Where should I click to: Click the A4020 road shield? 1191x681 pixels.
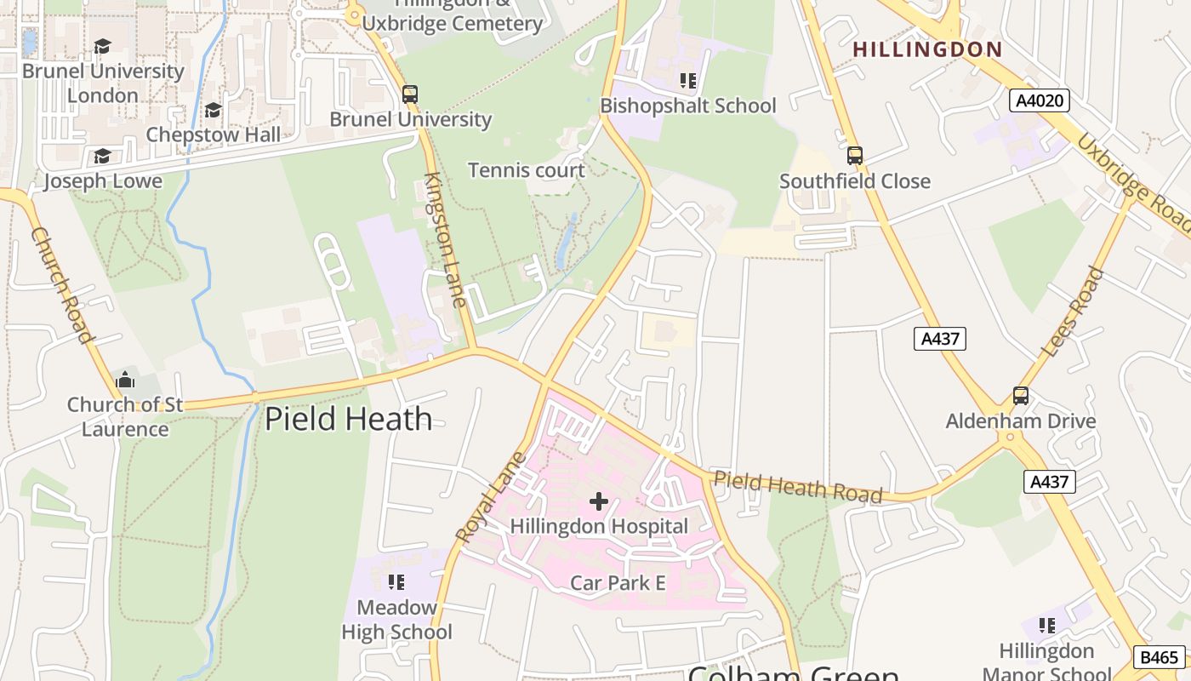tap(1040, 101)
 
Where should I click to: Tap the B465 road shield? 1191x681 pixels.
tap(1159, 657)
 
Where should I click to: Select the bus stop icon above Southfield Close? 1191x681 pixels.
tap(855, 156)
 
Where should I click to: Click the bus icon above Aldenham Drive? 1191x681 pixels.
tap(1020, 396)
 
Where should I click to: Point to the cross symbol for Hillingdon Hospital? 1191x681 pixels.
tap(599, 501)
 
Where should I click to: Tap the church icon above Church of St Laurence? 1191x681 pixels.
tap(125, 380)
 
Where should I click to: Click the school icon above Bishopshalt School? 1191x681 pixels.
tap(688, 81)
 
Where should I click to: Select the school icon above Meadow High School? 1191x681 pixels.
tap(396, 582)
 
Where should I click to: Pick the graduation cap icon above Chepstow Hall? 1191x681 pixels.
tap(213, 111)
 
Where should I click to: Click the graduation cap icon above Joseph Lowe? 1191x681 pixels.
tap(102, 157)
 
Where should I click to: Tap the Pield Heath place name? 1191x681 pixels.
tap(348, 419)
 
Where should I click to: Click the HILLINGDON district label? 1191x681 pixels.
tap(927, 49)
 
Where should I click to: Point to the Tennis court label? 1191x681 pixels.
tap(527, 170)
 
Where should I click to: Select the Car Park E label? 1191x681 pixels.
tap(618, 583)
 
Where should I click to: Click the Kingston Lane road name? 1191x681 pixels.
tap(446, 239)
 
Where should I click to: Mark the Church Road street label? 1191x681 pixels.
tap(61, 285)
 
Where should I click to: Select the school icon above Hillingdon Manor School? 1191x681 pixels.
tap(1047, 626)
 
